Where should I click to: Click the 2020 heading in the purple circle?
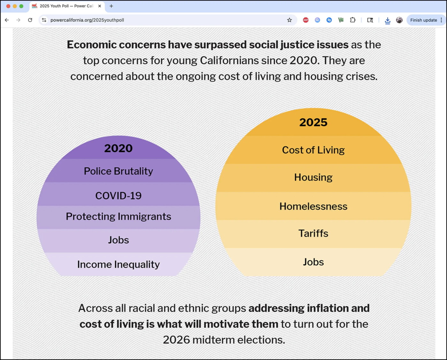pos(118,148)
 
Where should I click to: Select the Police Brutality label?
pos(118,171)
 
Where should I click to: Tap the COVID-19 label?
pos(118,195)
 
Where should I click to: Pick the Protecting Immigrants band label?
pos(118,217)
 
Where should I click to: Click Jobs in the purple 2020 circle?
pos(118,240)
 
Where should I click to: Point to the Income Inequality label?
pos(118,264)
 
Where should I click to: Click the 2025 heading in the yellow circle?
pos(313,122)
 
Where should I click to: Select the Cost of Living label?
pos(313,150)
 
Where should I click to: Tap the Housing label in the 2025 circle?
pos(313,177)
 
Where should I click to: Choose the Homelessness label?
pos(313,206)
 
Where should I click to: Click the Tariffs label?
pos(313,234)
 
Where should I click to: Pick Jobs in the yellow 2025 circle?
pos(313,262)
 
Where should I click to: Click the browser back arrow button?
pos(7,20)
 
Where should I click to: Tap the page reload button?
pos(30,20)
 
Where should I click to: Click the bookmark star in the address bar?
pos(289,20)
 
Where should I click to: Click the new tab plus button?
pos(111,6)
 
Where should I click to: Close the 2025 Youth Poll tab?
pos(100,6)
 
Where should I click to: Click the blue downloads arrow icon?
pos(387,20)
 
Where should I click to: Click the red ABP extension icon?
pos(306,20)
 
